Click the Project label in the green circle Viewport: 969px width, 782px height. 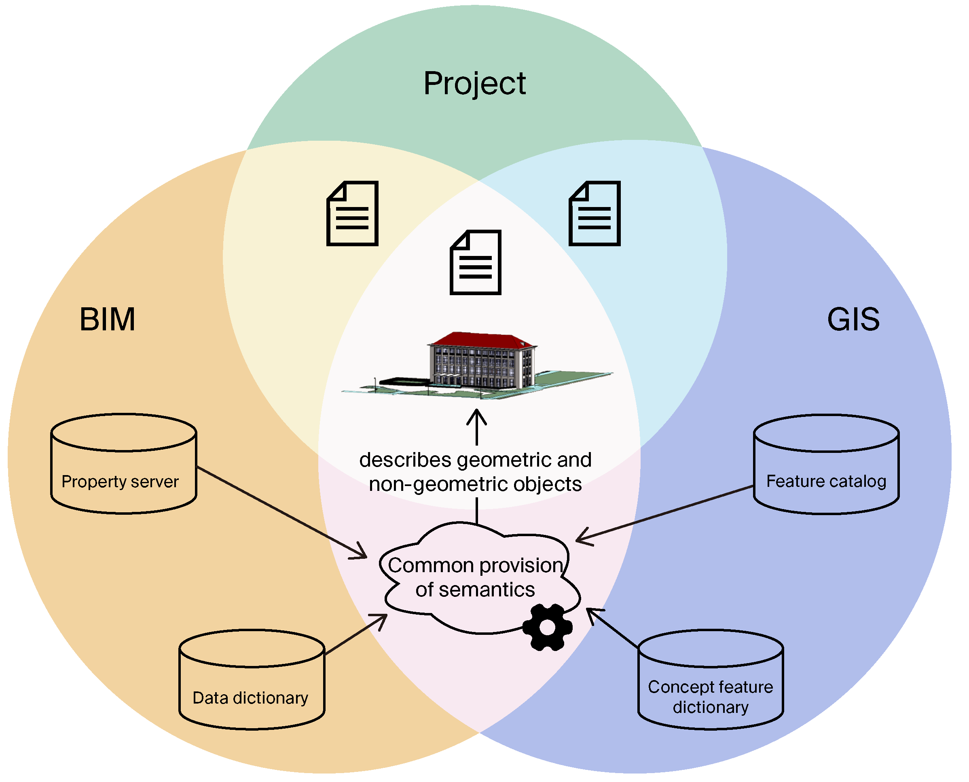click(474, 84)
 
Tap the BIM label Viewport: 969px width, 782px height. click(107, 320)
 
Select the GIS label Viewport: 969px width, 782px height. click(853, 320)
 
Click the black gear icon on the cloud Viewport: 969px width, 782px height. click(547, 628)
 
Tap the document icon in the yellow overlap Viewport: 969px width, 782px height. click(352, 213)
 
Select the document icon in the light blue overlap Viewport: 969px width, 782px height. click(594, 213)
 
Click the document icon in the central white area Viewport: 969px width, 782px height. click(475, 262)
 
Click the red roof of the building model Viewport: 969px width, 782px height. click(482, 339)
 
